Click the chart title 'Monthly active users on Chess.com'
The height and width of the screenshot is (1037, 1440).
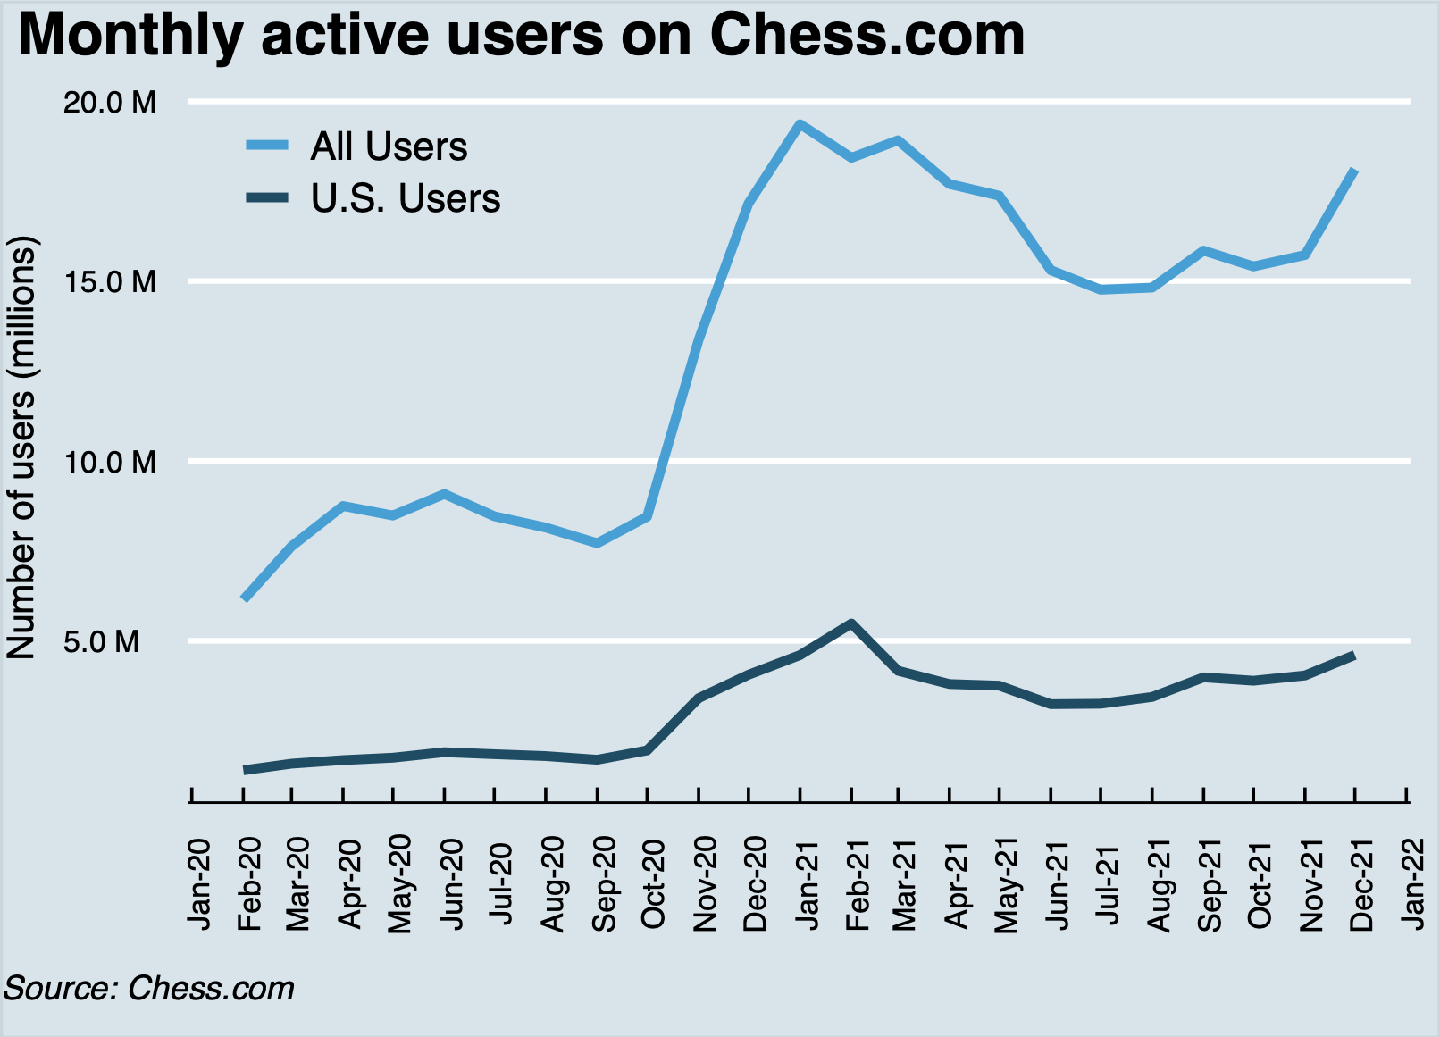tap(521, 36)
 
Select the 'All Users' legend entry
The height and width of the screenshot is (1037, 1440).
tap(388, 146)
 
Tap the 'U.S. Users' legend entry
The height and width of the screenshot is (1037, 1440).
tap(405, 198)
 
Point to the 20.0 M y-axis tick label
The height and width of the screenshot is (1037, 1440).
tap(110, 103)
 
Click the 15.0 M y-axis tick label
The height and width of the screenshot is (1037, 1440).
tap(110, 282)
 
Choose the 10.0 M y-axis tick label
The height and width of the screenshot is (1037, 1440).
tap(110, 462)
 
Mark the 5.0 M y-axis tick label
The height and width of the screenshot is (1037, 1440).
tap(114, 641)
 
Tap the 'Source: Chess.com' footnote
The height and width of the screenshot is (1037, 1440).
tap(149, 989)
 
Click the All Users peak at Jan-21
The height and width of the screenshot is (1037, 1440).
tap(800, 124)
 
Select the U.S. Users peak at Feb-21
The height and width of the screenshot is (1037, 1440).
tap(851, 623)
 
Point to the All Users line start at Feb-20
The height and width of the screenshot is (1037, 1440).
tap(244, 598)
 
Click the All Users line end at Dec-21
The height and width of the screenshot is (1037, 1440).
tap(1355, 170)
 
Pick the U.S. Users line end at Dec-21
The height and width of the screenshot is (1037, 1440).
tap(1355, 656)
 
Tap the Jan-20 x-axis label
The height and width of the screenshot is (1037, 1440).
tap(198, 884)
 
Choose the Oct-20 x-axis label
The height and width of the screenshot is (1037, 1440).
tap(653, 884)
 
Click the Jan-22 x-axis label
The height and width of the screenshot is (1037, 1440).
tap(1413, 884)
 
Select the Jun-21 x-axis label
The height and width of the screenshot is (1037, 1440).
tap(1058, 884)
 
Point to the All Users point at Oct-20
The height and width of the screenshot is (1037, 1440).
tap(648, 516)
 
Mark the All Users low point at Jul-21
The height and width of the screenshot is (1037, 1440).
tap(1102, 289)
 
